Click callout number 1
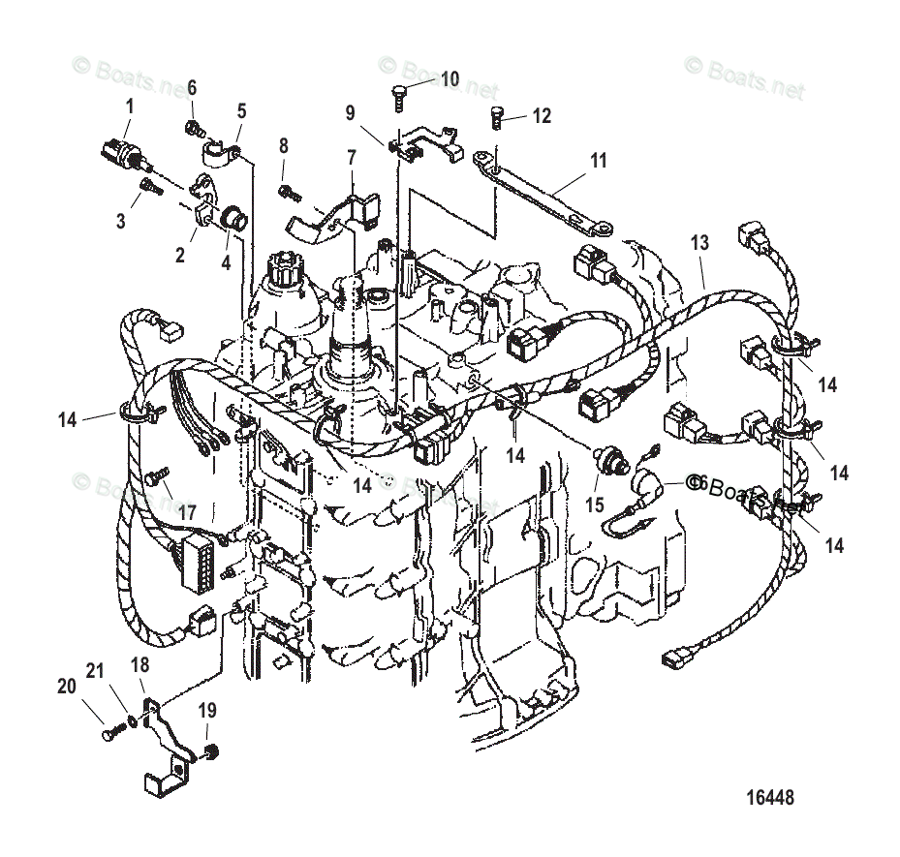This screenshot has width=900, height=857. (131, 105)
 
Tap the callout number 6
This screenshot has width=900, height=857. (192, 88)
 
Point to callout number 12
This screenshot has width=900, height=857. (541, 116)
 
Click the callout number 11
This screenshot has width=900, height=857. (599, 161)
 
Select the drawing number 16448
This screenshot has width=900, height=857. (770, 799)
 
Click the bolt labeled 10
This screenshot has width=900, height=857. (398, 94)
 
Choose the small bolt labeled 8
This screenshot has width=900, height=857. (287, 190)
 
